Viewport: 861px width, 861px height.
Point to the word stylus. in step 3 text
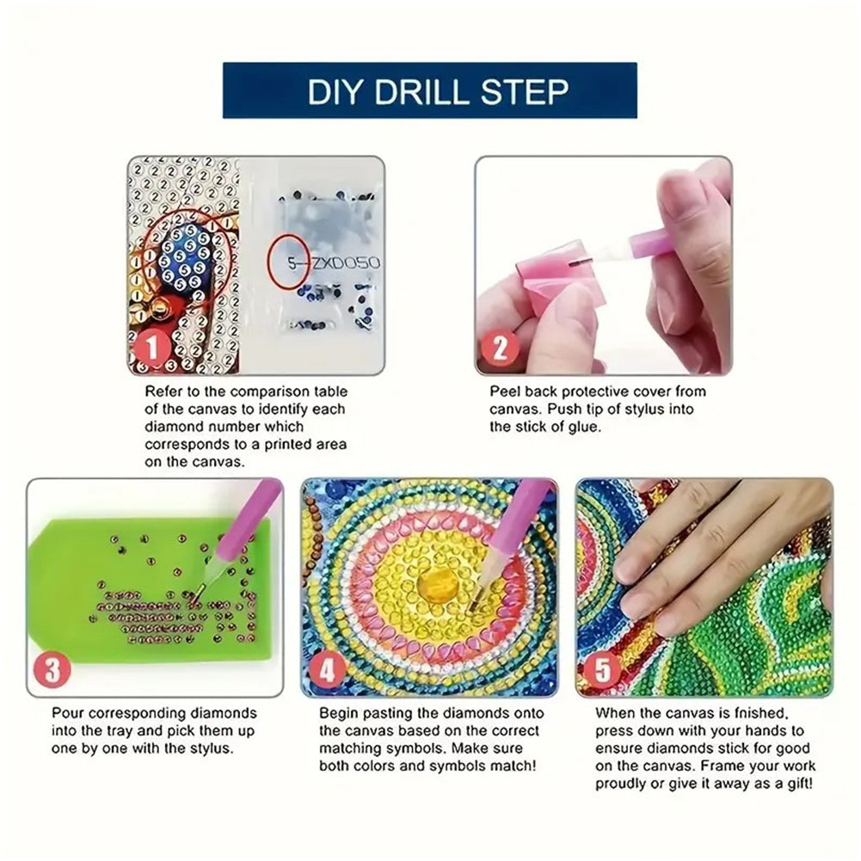coord(209,748)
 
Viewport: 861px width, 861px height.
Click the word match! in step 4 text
coord(513,766)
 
